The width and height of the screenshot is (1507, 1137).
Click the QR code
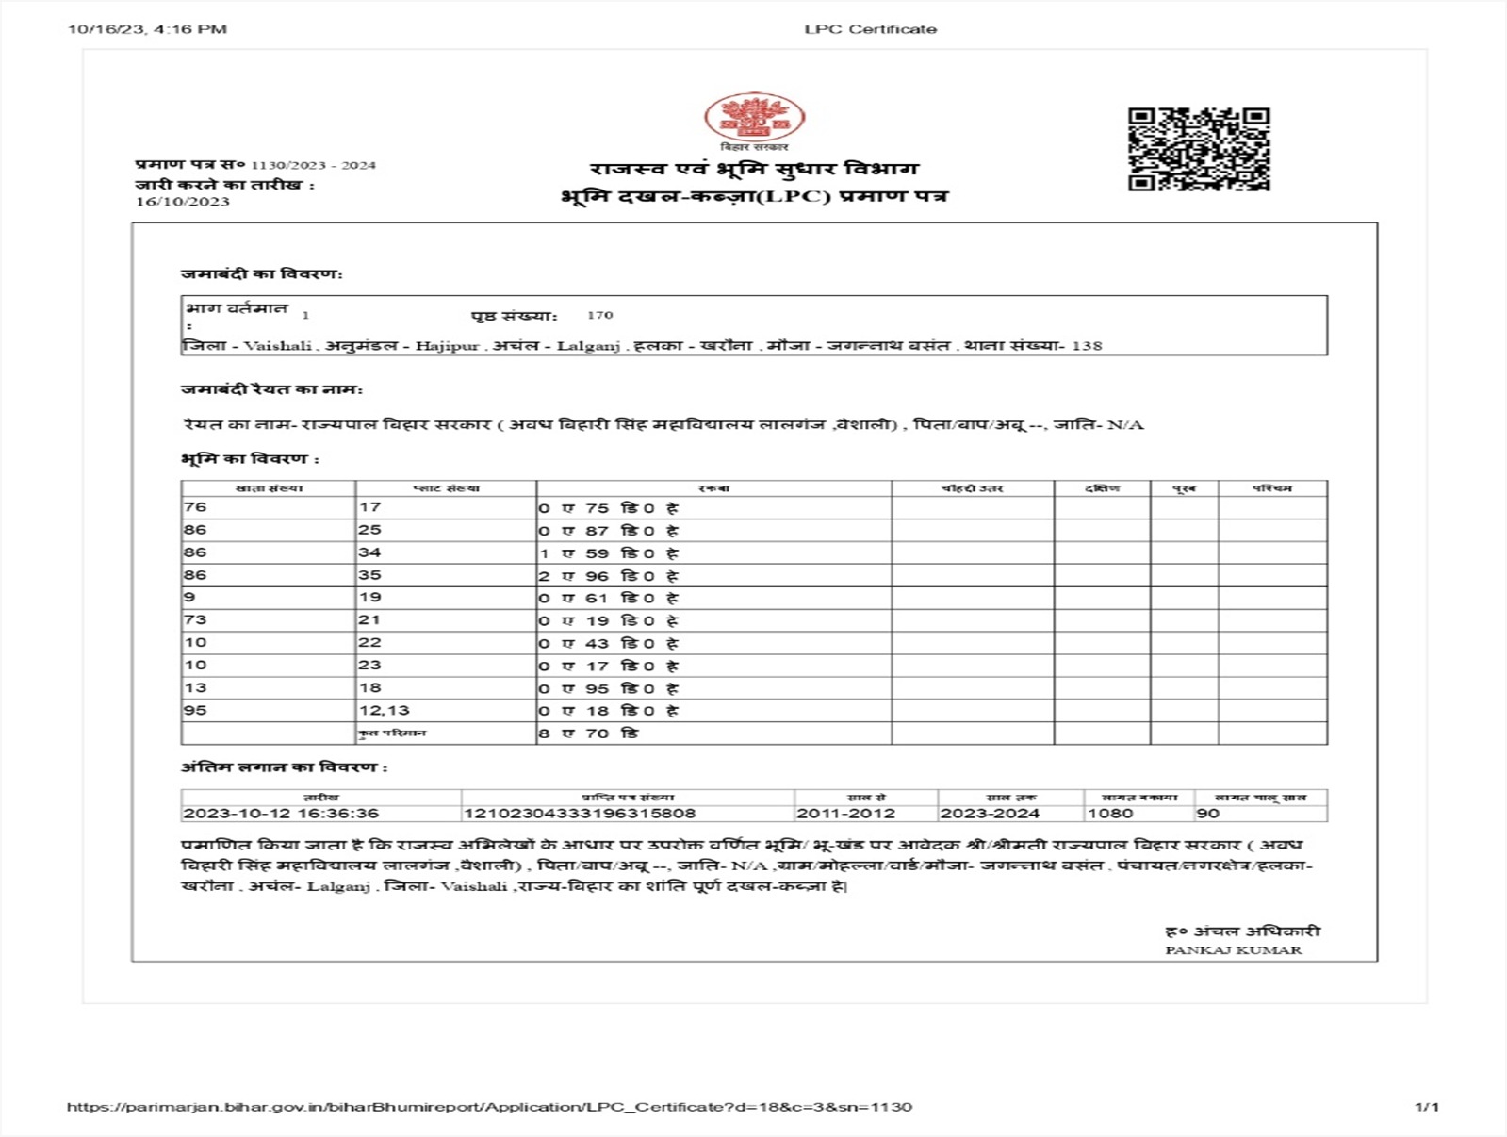[1199, 149]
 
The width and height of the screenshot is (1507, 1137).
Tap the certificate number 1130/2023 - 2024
[313, 165]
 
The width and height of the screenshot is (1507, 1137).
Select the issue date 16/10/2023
[183, 201]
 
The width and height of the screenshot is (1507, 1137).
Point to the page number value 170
[599, 315]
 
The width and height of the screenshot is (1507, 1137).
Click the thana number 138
[1087, 346]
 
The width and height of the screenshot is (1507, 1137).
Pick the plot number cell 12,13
[385, 711]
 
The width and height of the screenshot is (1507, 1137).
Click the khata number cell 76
[195, 507]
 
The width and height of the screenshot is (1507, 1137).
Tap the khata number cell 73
[195, 620]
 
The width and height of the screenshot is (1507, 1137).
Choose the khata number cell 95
[195, 711]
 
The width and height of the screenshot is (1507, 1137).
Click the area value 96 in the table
[597, 576]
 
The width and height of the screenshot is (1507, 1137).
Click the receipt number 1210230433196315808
[580, 814]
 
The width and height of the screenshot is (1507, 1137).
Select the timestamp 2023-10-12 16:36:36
[281, 814]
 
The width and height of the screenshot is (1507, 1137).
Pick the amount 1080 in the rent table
[1109, 814]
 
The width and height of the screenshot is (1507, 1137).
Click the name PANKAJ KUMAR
[1233, 950]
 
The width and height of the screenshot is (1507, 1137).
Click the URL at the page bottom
[489, 1107]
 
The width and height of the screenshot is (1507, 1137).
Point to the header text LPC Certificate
[870, 29]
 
